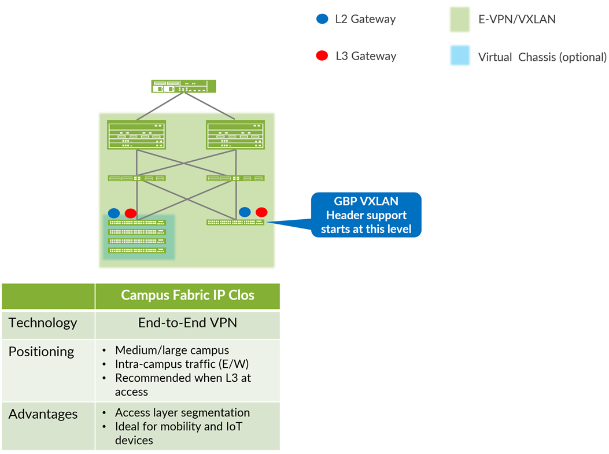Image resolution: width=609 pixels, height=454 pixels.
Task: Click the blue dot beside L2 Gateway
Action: (x=322, y=19)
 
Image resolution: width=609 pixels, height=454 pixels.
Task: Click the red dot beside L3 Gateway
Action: (x=322, y=56)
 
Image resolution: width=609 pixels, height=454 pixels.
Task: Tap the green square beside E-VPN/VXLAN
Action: (x=460, y=19)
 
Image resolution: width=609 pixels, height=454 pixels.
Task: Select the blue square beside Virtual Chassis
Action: (x=460, y=56)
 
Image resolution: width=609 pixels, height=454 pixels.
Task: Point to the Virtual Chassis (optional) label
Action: (x=542, y=57)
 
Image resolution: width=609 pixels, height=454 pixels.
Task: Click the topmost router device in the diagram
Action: (x=183, y=86)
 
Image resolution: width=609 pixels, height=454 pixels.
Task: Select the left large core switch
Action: (x=136, y=135)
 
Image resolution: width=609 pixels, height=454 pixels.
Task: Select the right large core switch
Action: (x=235, y=135)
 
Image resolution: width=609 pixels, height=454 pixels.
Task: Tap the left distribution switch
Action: (x=136, y=178)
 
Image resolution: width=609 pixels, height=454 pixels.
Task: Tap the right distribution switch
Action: (x=235, y=178)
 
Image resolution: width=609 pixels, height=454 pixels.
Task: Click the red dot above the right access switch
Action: (x=261, y=212)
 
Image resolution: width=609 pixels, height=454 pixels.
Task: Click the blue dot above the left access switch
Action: (x=114, y=213)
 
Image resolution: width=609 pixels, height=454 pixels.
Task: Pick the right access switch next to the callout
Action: (x=235, y=222)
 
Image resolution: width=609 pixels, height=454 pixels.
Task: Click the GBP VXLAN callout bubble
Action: (x=366, y=215)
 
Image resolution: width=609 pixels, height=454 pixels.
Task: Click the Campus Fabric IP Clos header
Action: (x=187, y=295)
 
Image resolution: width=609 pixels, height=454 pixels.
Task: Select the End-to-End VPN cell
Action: (x=187, y=323)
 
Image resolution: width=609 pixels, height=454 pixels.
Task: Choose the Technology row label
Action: (x=43, y=323)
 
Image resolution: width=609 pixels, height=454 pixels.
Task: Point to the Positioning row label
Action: (x=42, y=352)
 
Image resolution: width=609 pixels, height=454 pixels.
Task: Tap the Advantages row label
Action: (x=43, y=414)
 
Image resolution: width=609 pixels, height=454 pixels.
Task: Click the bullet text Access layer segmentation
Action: (x=182, y=413)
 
